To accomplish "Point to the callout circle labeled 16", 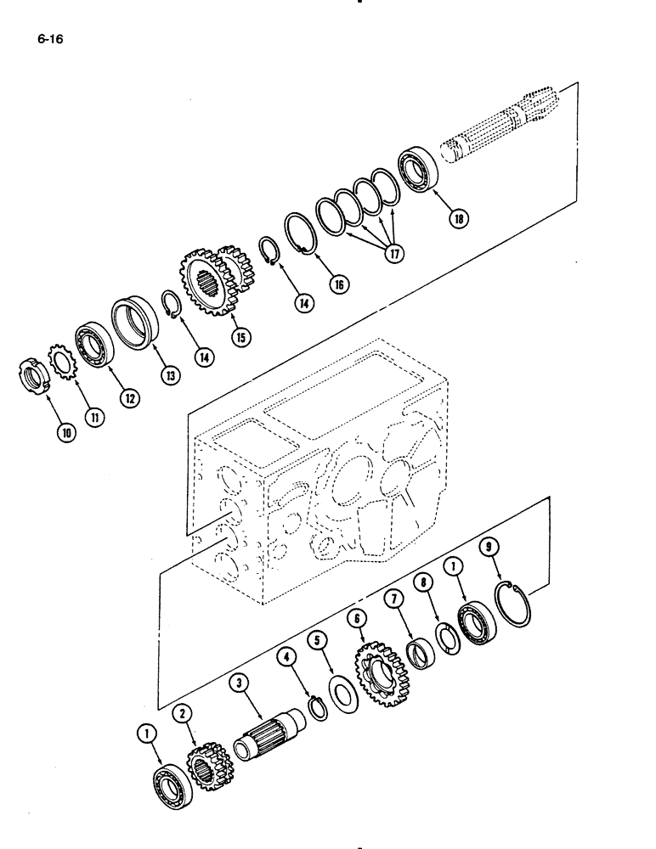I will [338, 285].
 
